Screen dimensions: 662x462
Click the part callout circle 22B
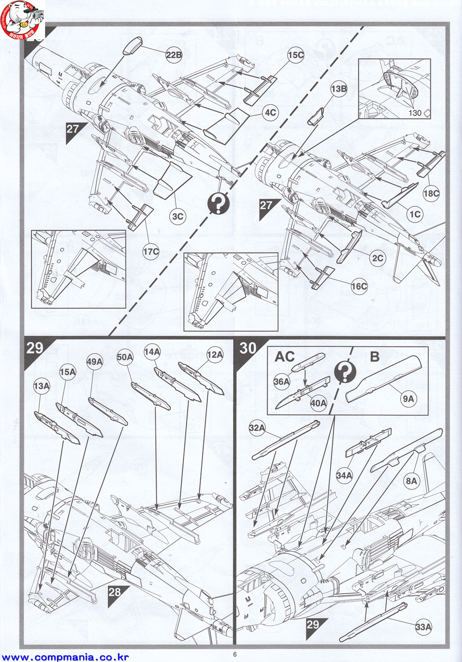[x=174, y=55]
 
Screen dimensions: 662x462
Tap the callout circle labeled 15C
[x=296, y=55]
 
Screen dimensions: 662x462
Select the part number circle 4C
[x=270, y=112]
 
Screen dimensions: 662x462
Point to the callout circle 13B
[x=338, y=89]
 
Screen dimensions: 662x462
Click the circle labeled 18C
[x=431, y=194]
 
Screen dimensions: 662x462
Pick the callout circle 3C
[x=178, y=217]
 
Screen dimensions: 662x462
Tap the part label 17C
[x=151, y=251]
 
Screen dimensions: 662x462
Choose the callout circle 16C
[x=359, y=286]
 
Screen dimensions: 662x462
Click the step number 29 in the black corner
[x=35, y=348]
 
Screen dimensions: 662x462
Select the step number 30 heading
[x=248, y=348]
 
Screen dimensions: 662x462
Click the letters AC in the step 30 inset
[x=285, y=356]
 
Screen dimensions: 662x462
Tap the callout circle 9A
[x=408, y=398]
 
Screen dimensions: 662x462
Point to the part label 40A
[x=318, y=403]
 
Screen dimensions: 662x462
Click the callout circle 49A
[x=94, y=361]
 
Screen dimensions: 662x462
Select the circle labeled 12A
[x=215, y=355]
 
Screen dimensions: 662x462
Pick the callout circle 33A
[x=423, y=627]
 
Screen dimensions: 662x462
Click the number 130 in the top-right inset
[x=414, y=113]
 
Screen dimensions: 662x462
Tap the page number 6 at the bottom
[x=235, y=654]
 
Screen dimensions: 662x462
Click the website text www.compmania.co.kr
[x=66, y=657]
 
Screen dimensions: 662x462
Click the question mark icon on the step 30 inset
[x=345, y=372]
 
